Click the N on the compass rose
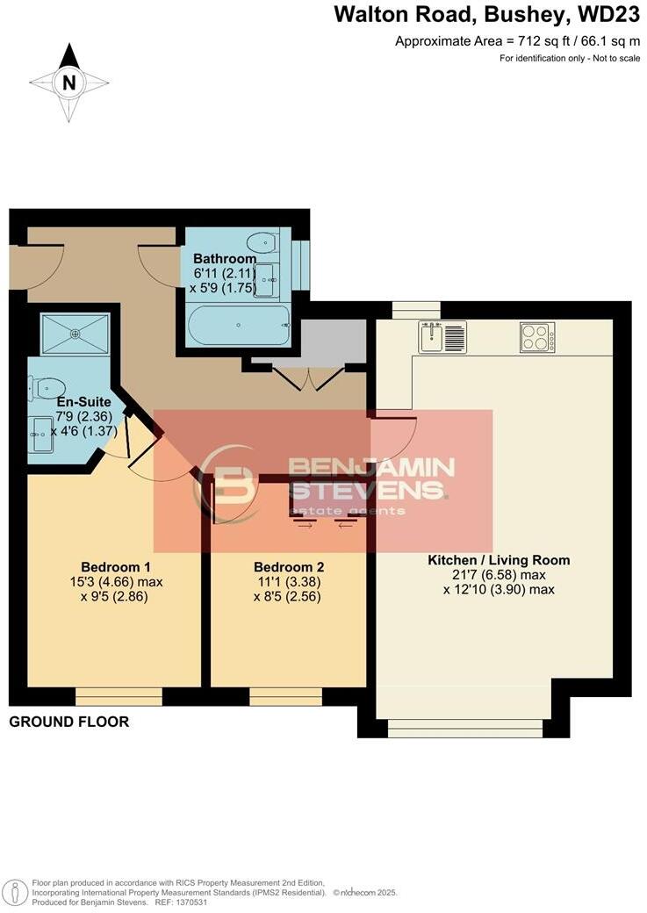[x=68, y=83]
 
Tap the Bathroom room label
[x=225, y=259]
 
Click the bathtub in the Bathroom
[x=237, y=326]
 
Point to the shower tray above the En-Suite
[x=75, y=333]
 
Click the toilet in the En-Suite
[x=47, y=387]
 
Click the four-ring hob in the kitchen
[x=536, y=337]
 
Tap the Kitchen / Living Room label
[x=499, y=560]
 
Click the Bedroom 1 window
[x=119, y=697]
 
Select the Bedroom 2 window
[x=285, y=697]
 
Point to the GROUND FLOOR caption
[x=69, y=722]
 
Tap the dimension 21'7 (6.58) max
[x=499, y=575]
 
